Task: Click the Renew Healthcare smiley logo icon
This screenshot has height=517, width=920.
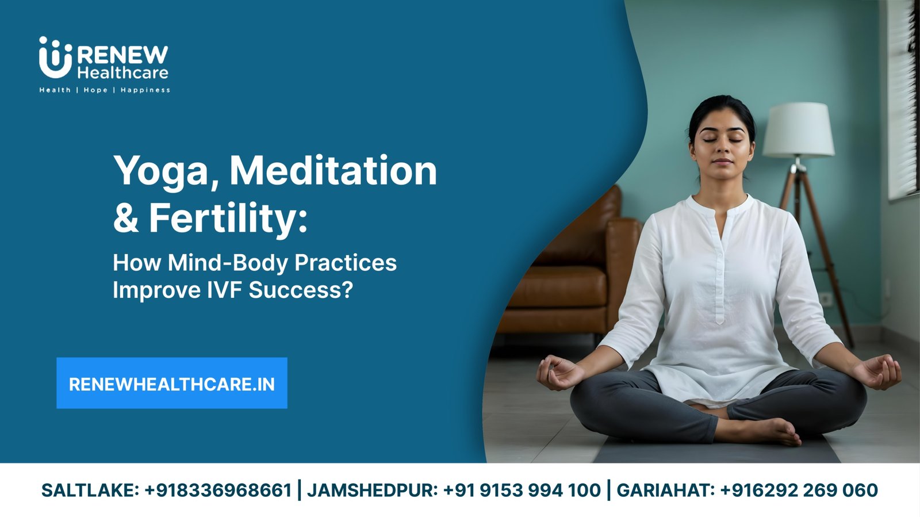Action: coord(55,58)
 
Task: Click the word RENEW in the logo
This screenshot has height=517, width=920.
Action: coord(123,55)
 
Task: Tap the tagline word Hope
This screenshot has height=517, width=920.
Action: coord(95,90)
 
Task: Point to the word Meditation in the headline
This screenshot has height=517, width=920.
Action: coord(333,170)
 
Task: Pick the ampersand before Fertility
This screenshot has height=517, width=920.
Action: coord(125,217)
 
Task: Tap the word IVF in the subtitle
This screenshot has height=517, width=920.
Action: coord(224,289)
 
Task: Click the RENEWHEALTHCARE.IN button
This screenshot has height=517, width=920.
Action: coord(172,383)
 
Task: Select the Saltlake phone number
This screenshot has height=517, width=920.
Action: coord(218,491)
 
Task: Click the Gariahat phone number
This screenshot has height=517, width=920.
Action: coord(799,491)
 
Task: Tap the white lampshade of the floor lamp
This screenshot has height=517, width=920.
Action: coord(799,130)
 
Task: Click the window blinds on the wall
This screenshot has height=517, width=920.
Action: coord(903,98)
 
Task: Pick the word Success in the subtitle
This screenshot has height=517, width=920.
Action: coord(301,289)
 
